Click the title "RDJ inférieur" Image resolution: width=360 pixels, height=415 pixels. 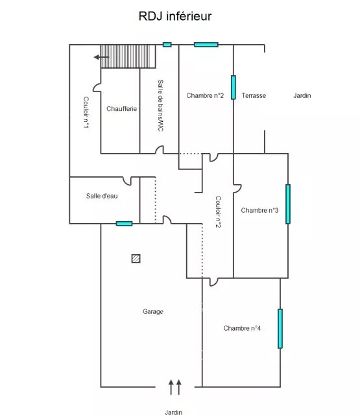[x=175, y=16]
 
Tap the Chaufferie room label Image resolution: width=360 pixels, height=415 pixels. [x=121, y=109]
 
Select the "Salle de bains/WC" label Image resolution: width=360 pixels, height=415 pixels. [x=160, y=105]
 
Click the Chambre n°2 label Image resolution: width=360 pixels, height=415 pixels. [x=205, y=95]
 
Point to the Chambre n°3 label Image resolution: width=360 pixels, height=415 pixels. [x=259, y=210]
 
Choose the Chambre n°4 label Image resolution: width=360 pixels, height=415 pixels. [x=242, y=328]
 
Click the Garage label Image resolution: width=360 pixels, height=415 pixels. [x=153, y=312]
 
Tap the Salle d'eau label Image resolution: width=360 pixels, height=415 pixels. [x=102, y=196]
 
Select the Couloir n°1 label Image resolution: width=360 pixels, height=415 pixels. [x=86, y=112]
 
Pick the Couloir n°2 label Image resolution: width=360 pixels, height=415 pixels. [x=218, y=212]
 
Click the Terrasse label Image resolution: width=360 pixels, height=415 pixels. [x=254, y=95]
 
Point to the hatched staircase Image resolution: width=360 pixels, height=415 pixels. [x=128, y=56]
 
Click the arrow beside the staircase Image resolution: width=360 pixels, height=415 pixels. [x=101, y=57]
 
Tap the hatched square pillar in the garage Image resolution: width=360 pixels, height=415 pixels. [x=136, y=259]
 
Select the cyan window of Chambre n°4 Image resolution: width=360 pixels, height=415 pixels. [x=280, y=329]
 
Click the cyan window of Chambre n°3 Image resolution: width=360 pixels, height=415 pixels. [x=288, y=204]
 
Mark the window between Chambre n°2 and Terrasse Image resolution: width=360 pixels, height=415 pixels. [x=234, y=88]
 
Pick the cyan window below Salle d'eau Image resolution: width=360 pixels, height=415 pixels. [x=124, y=224]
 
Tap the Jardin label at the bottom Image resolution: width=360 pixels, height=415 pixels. [x=174, y=412]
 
